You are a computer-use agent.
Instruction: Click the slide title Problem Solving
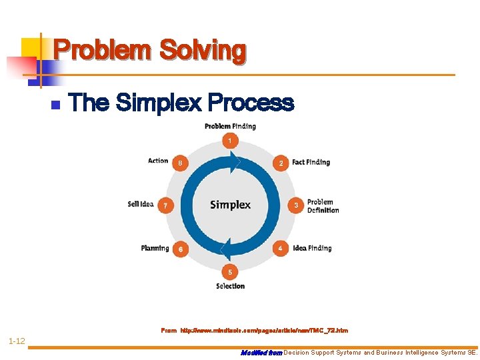(150, 51)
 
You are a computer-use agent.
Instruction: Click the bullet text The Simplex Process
(181, 103)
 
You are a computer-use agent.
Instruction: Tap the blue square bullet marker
(56, 105)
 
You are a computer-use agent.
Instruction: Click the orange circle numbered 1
(230, 141)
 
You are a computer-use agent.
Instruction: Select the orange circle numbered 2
(281, 163)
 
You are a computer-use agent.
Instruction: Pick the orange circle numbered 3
(296, 205)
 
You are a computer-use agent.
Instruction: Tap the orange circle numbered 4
(281, 248)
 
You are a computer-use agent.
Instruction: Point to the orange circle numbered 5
(230, 271)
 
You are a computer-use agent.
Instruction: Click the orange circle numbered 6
(180, 249)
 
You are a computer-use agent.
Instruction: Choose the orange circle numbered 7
(165, 205)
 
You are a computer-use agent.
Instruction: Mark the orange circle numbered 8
(179, 163)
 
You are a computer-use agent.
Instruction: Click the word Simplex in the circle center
(230, 205)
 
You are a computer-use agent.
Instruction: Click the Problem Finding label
(230, 126)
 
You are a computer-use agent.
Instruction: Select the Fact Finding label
(311, 162)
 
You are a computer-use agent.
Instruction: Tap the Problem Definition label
(323, 206)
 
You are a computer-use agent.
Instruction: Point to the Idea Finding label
(312, 248)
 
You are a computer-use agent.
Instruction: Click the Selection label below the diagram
(230, 286)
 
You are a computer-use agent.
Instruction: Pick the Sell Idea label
(141, 204)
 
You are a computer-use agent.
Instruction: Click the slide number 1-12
(17, 341)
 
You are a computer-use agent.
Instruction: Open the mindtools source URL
(264, 331)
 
